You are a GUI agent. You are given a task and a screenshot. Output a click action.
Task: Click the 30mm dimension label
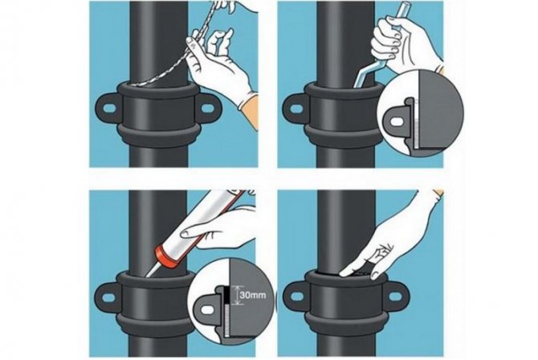tap(253, 295)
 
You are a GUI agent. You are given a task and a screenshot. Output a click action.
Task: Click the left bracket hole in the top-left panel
tap(109, 108)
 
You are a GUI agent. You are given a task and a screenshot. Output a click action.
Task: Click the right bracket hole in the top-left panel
tap(208, 108)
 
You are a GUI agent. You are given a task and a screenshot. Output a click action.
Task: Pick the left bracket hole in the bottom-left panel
tap(108, 297)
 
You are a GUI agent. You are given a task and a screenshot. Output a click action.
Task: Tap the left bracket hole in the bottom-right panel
tap(297, 296)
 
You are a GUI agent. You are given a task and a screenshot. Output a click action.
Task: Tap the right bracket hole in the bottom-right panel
tap(395, 296)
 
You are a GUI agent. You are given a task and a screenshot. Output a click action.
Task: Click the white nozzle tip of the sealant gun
tap(152, 270)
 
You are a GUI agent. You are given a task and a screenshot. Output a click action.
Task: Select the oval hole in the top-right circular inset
tap(397, 122)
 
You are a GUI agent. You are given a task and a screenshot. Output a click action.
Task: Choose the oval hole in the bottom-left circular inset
tap(206, 310)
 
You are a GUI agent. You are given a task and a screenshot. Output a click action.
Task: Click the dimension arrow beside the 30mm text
tap(237, 295)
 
